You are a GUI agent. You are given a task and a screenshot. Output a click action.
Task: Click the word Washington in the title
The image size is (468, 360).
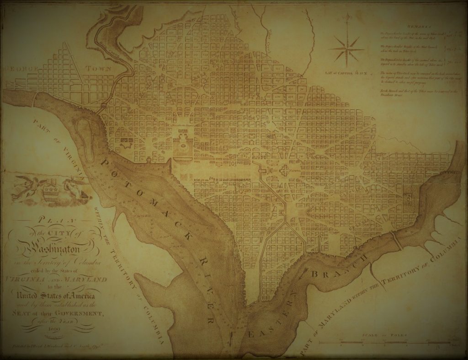point(49,250)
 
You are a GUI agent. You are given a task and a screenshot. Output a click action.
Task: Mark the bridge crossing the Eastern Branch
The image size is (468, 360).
point(397,241)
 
